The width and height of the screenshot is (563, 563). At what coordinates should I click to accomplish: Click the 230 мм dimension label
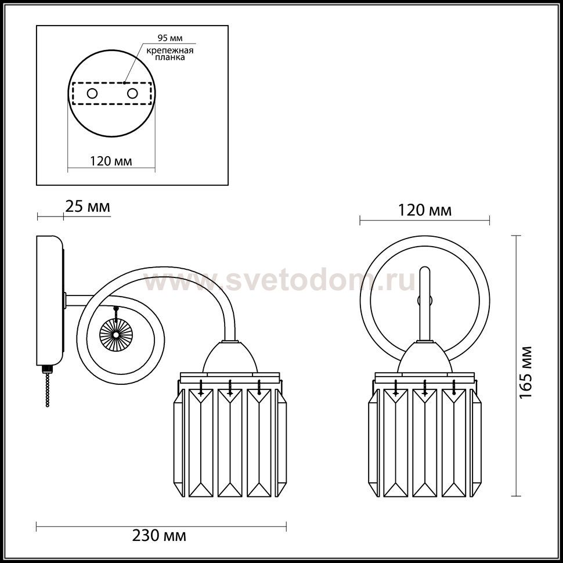click(x=159, y=536)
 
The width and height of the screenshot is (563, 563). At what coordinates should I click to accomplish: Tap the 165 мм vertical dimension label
click(x=525, y=372)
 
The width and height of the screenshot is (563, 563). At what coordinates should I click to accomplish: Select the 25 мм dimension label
click(x=88, y=207)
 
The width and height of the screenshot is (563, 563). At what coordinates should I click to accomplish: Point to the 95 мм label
click(x=170, y=38)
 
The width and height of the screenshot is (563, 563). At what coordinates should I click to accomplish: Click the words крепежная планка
click(x=170, y=54)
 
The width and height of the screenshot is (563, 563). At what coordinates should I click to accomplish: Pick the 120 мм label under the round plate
click(x=111, y=161)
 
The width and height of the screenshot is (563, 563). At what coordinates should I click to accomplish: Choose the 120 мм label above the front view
click(x=425, y=211)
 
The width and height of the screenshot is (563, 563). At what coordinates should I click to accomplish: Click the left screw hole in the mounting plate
click(x=92, y=93)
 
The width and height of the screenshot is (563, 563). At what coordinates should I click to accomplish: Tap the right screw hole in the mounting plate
click(x=132, y=93)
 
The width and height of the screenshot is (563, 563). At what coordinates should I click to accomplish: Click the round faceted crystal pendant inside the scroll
click(x=116, y=334)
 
